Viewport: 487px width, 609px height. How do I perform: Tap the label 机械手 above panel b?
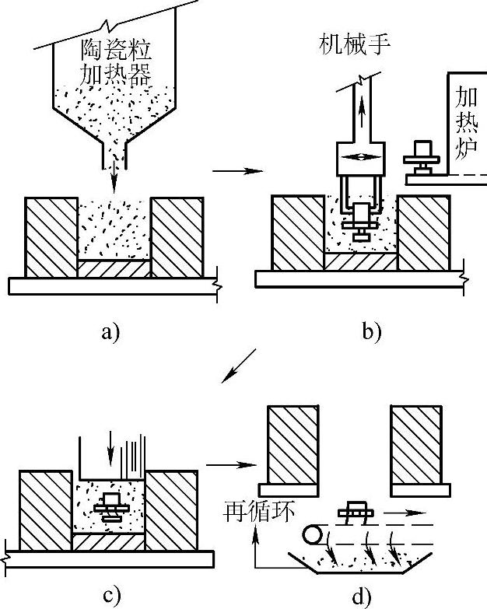click(355, 44)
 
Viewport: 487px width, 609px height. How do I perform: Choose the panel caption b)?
click(371, 333)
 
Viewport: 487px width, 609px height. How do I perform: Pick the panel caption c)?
click(111, 597)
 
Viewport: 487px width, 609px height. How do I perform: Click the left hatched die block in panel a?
click(52, 237)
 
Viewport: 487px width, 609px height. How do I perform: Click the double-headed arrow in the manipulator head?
click(361, 158)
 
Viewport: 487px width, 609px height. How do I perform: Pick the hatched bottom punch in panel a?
click(114, 268)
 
